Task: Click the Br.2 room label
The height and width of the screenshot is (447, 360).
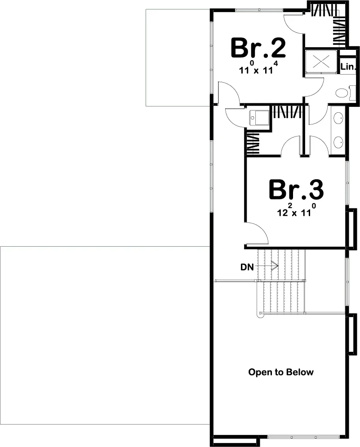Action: tap(258, 48)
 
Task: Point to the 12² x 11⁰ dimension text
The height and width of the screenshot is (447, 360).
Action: tap(295, 212)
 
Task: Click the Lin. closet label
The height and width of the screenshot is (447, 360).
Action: tap(348, 67)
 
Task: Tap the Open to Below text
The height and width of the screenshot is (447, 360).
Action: tap(281, 372)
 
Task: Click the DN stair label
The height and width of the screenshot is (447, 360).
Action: tap(247, 267)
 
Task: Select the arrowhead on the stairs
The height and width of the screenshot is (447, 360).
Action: tap(274, 266)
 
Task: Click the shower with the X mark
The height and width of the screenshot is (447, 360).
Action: tap(321, 61)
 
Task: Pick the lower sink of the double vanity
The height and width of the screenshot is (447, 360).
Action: tap(338, 143)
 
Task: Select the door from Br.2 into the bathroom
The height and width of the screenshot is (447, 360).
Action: tap(315, 85)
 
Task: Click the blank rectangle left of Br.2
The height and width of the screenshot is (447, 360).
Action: tap(178, 58)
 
